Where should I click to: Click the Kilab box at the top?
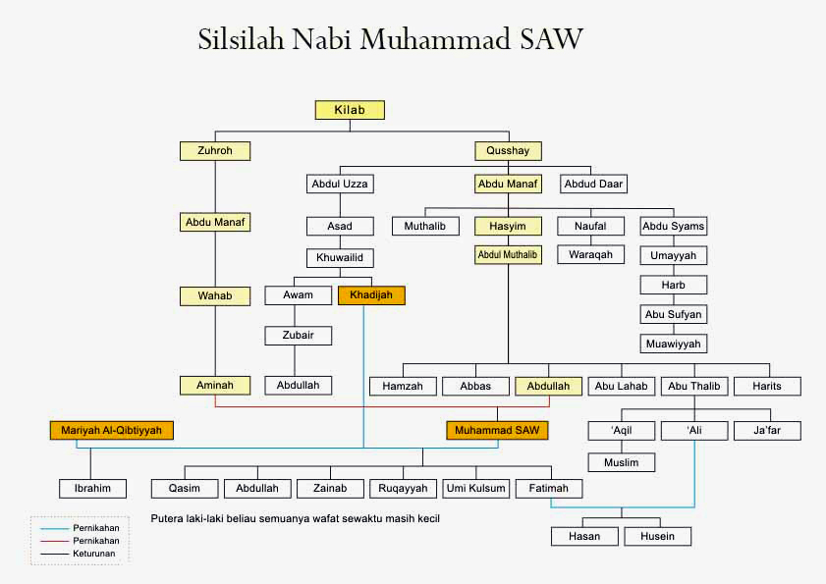pyautogui.click(x=349, y=110)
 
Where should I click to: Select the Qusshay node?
pyautogui.click(x=508, y=151)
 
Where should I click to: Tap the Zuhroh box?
pyautogui.click(x=214, y=151)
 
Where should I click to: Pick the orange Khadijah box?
pyautogui.click(x=371, y=294)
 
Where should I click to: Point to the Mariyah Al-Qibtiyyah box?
pyautogui.click(x=111, y=430)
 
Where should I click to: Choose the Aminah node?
pyautogui.click(x=214, y=386)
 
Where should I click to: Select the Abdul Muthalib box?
pyautogui.click(x=508, y=255)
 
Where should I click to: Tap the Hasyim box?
pyautogui.click(x=508, y=226)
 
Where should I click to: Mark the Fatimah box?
pyautogui.click(x=549, y=488)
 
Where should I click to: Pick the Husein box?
pyautogui.click(x=657, y=536)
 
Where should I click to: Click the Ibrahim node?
pyautogui.click(x=92, y=488)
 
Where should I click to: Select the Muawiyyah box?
pyautogui.click(x=673, y=344)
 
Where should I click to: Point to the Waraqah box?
pyautogui.click(x=590, y=255)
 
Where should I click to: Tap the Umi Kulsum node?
pyautogui.click(x=475, y=488)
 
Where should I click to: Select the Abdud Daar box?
pyautogui.click(x=594, y=184)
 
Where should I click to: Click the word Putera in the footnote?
pyautogui.click(x=168, y=517)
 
